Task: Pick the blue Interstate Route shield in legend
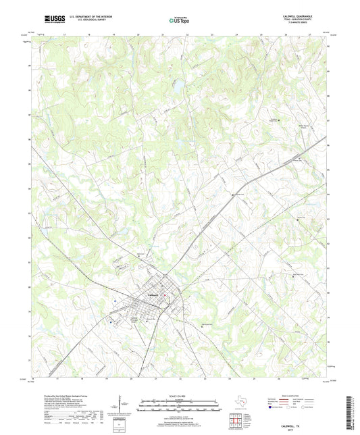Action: tap(272, 407)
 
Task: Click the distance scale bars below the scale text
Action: tap(180, 403)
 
